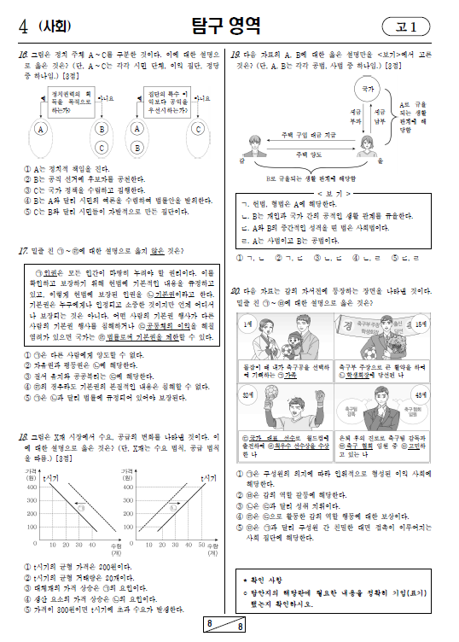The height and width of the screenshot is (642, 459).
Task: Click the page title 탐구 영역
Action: coord(229,26)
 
